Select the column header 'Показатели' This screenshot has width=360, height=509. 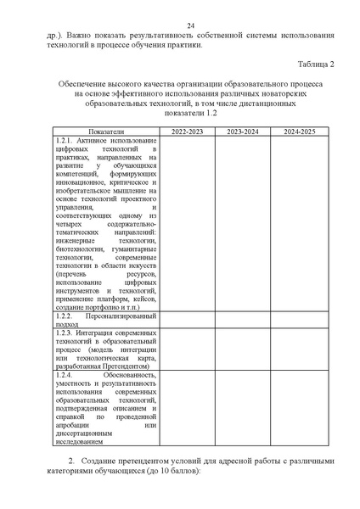(x=105, y=132)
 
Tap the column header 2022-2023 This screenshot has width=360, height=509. (x=187, y=132)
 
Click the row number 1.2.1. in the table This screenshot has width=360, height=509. (x=64, y=139)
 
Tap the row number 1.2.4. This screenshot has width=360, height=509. (x=64, y=373)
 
